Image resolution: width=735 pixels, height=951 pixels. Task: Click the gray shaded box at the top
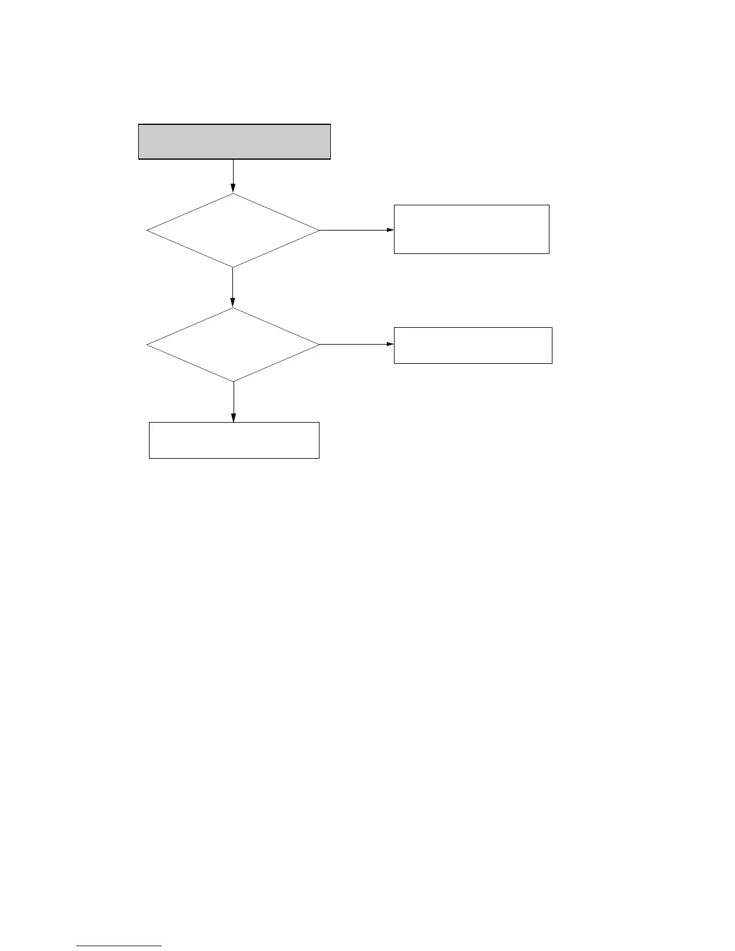(x=234, y=142)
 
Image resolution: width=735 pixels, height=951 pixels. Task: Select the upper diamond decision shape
(x=233, y=230)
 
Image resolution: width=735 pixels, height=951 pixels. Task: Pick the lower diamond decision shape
(x=233, y=345)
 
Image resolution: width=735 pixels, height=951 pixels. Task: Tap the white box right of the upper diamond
(x=471, y=229)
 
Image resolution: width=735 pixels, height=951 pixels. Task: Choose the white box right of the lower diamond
(x=473, y=345)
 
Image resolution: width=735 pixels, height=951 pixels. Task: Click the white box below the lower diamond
(x=234, y=440)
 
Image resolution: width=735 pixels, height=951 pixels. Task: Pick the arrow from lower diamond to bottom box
(x=233, y=402)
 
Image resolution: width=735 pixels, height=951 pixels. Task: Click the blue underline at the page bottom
(x=119, y=946)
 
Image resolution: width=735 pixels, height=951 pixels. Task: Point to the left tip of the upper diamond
(x=147, y=230)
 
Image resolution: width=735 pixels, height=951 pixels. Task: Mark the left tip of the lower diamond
(x=147, y=345)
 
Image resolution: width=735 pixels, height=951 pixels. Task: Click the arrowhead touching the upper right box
(x=390, y=230)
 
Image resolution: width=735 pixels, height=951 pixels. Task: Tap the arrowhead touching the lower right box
(x=390, y=345)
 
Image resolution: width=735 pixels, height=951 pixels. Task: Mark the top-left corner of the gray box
(x=139, y=125)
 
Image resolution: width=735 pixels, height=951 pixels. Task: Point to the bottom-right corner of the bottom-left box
(x=319, y=458)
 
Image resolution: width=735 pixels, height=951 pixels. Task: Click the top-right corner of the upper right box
(x=549, y=205)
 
